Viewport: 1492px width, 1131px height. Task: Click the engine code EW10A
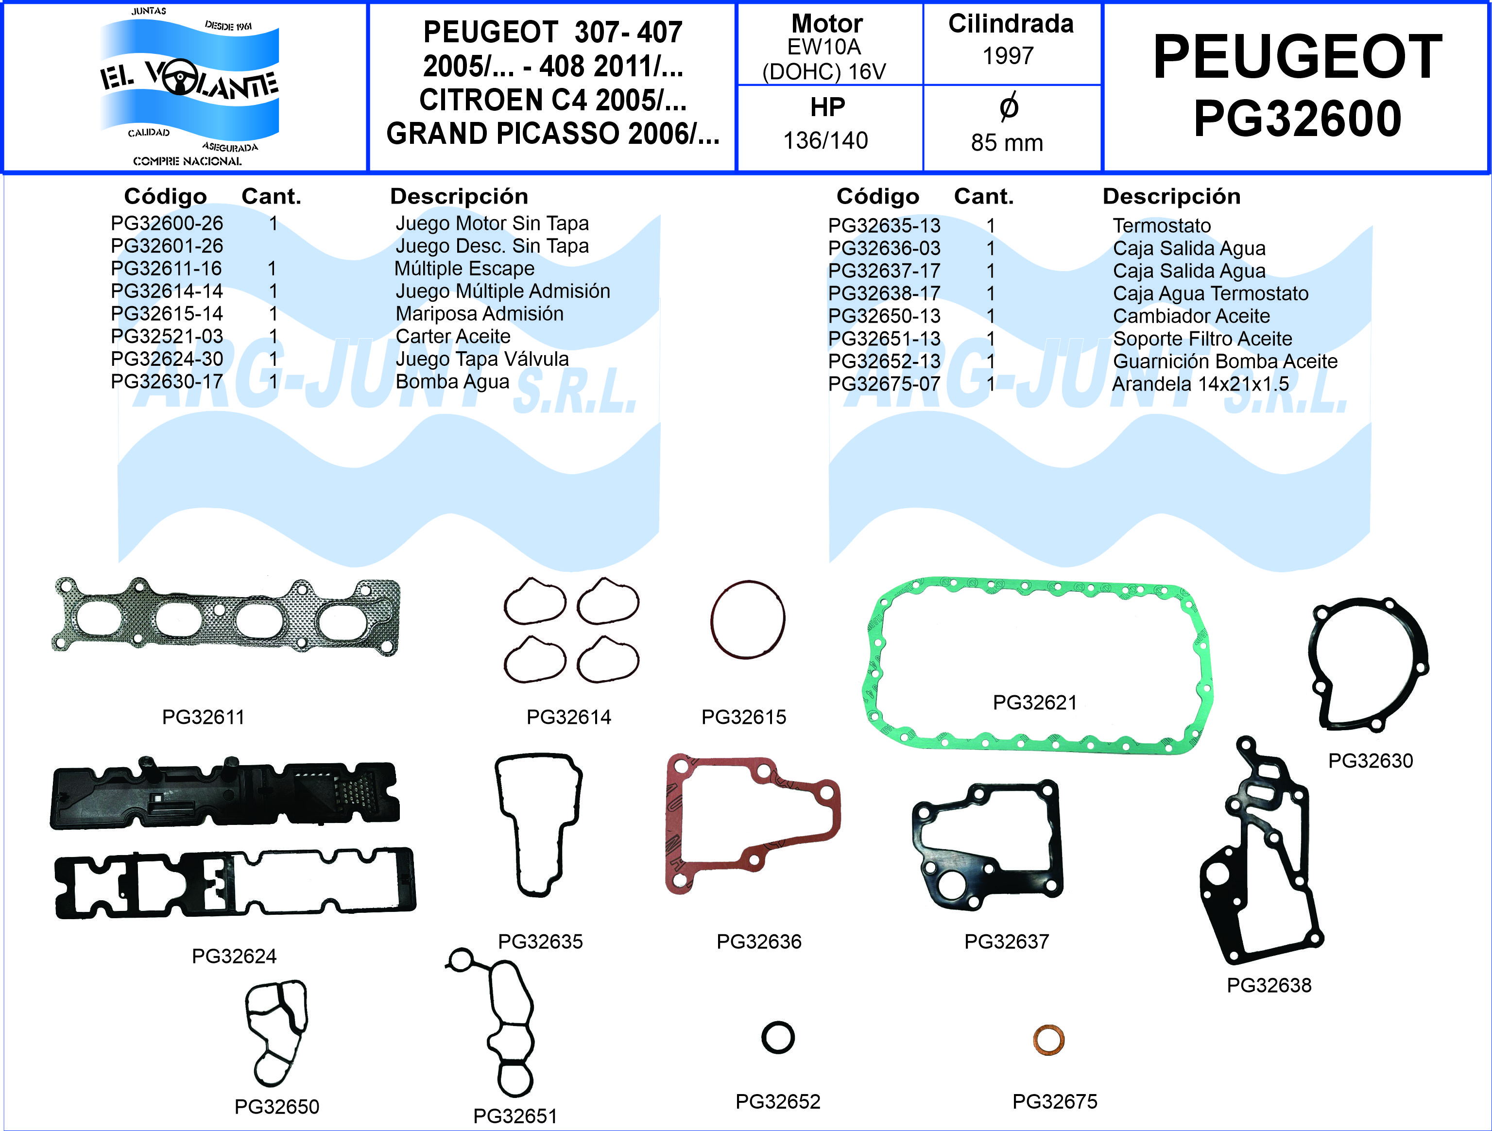tap(824, 47)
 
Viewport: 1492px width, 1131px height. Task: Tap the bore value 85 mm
tap(1007, 143)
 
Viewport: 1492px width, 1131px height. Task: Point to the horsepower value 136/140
tap(825, 140)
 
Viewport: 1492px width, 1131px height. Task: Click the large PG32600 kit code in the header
tap(1297, 119)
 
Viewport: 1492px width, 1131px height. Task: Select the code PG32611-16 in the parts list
tap(166, 269)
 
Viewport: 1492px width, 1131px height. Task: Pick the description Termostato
tap(1162, 225)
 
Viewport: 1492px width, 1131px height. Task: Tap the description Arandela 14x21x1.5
tap(1200, 384)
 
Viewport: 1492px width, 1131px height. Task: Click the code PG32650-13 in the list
tap(884, 316)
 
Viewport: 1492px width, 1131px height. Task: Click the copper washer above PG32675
tap(1049, 1040)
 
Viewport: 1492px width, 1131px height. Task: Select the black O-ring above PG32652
tap(778, 1037)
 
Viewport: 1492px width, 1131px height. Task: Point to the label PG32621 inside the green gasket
tap(1035, 703)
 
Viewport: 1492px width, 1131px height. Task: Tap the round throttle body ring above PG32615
tap(747, 619)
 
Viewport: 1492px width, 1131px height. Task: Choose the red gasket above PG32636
tap(753, 824)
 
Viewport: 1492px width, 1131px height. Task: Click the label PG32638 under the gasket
tap(1269, 985)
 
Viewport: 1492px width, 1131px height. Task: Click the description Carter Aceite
tap(453, 337)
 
